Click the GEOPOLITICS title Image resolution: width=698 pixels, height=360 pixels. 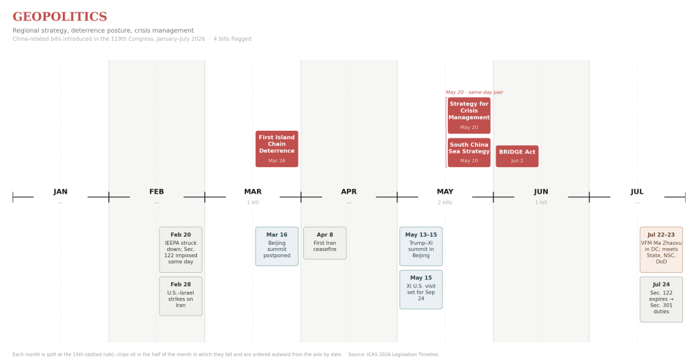tap(60, 16)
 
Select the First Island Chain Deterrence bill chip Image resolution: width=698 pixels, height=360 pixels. tap(277, 149)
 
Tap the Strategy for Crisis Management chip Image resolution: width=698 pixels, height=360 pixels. tap(469, 115)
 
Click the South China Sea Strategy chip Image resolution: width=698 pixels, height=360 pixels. tap(469, 152)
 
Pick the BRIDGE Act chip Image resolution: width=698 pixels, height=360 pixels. tap(517, 156)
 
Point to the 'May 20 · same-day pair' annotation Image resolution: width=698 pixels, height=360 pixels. tap(474, 92)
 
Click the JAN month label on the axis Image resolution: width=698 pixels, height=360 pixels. tap(61, 192)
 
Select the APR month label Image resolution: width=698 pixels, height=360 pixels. tap(349, 192)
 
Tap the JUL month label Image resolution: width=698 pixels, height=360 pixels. tap(637, 192)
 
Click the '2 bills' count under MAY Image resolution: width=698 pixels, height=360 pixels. tap(445, 202)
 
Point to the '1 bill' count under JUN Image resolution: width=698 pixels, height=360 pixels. tap(541, 202)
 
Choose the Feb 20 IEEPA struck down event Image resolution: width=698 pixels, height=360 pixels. tap(181, 250)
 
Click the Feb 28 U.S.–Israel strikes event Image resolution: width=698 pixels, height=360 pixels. tap(181, 296)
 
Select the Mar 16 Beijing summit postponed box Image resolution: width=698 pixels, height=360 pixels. tap(277, 246)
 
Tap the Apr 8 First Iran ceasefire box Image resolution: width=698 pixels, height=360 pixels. tap(325, 243)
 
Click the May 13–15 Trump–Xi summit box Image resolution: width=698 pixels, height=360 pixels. tap(421, 246)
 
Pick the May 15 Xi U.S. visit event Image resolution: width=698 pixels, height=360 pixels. tap(421, 290)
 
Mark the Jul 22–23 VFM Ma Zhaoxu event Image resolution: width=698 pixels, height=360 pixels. tap(661, 250)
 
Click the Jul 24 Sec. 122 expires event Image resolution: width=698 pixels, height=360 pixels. tap(661, 299)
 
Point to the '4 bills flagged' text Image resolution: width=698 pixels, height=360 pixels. tap(232, 39)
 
